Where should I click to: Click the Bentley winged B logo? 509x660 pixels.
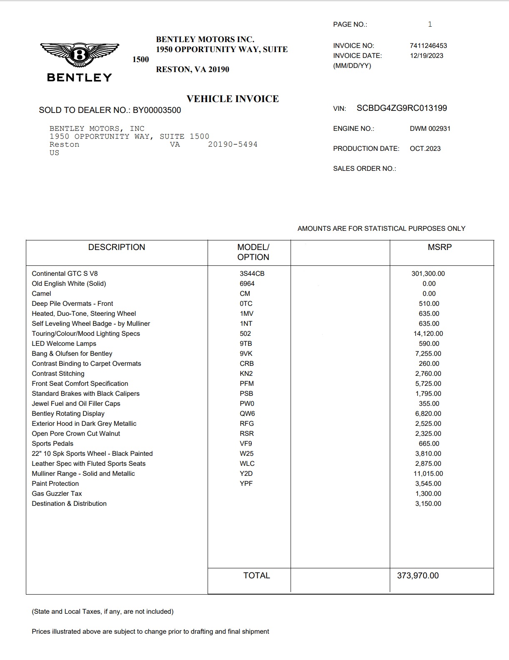tap(80, 55)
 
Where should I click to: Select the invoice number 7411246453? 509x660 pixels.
tap(428, 46)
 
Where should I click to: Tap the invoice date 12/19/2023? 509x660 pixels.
tap(426, 56)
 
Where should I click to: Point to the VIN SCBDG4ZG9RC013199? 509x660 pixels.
tap(401, 108)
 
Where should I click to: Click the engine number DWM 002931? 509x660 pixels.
tap(430, 129)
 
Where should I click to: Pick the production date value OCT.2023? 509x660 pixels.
tap(425, 149)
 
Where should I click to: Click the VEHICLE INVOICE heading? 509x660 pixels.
tap(233, 99)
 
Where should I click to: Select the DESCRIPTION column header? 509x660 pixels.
tap(117, 247)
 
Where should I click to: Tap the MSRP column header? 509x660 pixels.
tap(439, 247)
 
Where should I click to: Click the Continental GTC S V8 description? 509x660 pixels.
tap(65, 274)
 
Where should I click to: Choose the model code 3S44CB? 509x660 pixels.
tap(252, 274)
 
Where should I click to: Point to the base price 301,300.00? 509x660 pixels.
tap(428, 274)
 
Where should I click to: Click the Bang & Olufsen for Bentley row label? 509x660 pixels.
tap(72, 354)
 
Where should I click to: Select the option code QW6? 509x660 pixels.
tap(247, 414)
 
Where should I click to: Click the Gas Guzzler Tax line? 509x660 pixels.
tap(57, 494)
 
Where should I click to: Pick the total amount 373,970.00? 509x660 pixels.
tap(418, 576)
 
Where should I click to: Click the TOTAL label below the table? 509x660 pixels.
tap(256, 576)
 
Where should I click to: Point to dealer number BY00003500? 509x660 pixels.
tap(157, 110)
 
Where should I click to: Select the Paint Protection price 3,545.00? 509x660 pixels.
tap(428, 484)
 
